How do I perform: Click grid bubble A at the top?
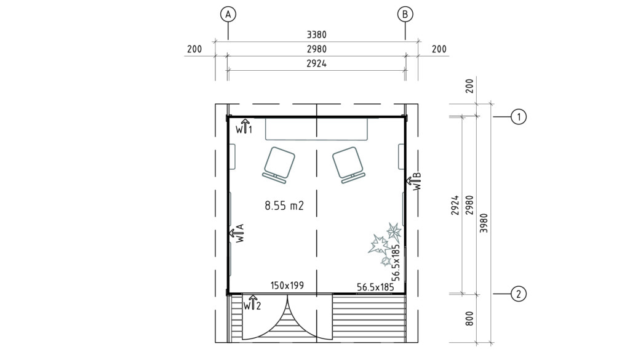(x=228, y=15)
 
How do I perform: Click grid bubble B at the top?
(x=405, y=15)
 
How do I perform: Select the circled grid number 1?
(x=518, y=117)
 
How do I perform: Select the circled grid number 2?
(x=518, y=294)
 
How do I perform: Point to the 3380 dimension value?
(x=317, y=34)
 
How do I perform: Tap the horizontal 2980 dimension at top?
(x=317, y=49)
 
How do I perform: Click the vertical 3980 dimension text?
(x=484, y=223)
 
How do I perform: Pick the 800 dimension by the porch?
(x=469, y=318)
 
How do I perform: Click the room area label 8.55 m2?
(x=284, y=206)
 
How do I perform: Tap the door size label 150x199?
(x=287, y=286)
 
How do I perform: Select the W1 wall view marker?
(x=244, y=127)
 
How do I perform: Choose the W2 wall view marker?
(x=252, y=303)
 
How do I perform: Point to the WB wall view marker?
(x=414, y=181)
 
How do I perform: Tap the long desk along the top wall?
(x=316, y=129)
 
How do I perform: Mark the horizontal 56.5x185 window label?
(x=375, y=287)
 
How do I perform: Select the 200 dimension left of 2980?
(x=194, y=49)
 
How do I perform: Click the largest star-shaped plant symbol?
(x=379, y=244)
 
